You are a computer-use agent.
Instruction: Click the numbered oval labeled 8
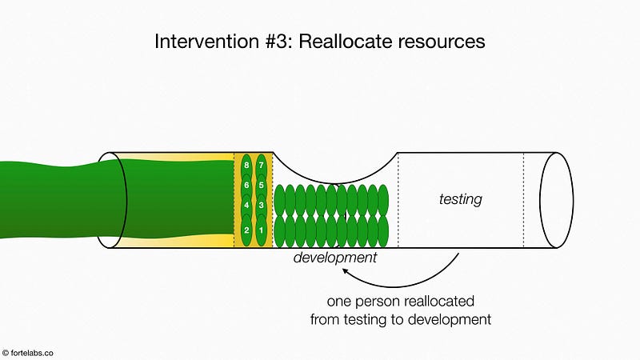coord(246,166)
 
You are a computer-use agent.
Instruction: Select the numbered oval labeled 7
coord(262,166)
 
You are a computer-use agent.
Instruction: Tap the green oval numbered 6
coord(246,185)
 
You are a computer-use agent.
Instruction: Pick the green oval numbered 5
coord(262,185)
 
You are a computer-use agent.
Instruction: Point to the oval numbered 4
coord(246,205)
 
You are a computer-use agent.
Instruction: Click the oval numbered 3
coord(262,205)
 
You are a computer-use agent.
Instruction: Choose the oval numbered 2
coord(246,230)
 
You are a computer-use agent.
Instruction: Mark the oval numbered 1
coord(262,230)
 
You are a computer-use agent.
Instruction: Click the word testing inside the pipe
coord(461,199)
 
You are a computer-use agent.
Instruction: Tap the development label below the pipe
coord(335,258)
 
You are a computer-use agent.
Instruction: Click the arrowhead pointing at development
coord(346,270)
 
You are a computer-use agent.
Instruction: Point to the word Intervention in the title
coord(207,42)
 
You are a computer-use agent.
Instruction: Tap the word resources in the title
coord(442,42)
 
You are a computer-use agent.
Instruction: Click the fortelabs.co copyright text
coord(28,353)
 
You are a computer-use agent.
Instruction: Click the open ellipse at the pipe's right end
coord(556,200)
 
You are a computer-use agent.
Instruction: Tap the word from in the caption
coord(325,319)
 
